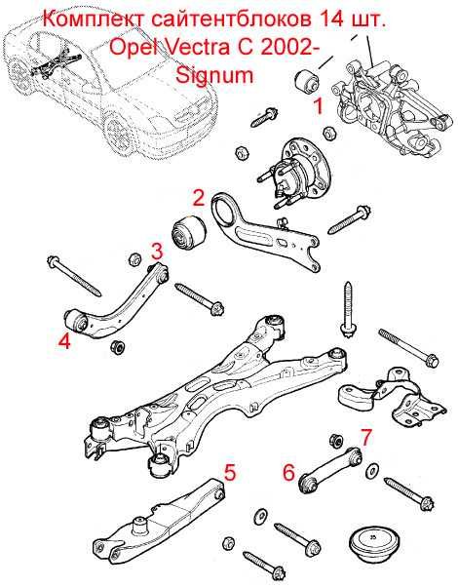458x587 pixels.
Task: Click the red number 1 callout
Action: pyautogui.click(x=319, y=105)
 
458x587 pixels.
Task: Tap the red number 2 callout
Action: pyautogui.click(x=199, y=198)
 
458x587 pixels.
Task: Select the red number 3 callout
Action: pyautogui.click(x=157, y=251)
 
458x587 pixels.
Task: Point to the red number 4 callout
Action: pyautogui.click(x=64, y=341)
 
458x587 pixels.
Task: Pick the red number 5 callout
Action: pyautogui.click(x=230, y=472)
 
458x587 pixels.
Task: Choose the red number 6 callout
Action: pyautogui.click(x=288, y=472)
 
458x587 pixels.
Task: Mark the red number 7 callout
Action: pyautogui.click(x=366, y=437)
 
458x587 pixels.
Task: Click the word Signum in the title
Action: pyautogui.click(x=214, y=76)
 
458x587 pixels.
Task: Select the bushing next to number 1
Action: pyautogui.click(x=306, y=81)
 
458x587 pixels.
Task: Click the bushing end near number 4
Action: pyautogui.click(x=76, y=322)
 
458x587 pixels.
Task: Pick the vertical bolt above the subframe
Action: pyautogui.click(x=348, y=310)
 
